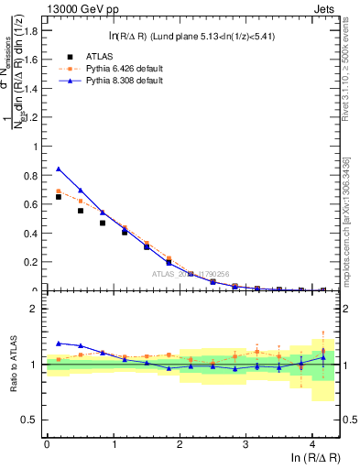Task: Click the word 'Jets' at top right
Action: click(x=326, y=9)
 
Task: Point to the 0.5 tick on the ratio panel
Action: click(x=31, y=420)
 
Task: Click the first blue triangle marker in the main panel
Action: click(x=59, y=169)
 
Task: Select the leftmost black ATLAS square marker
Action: click(x=59, y=197)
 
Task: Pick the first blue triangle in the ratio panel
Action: click(x=59, y=344)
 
